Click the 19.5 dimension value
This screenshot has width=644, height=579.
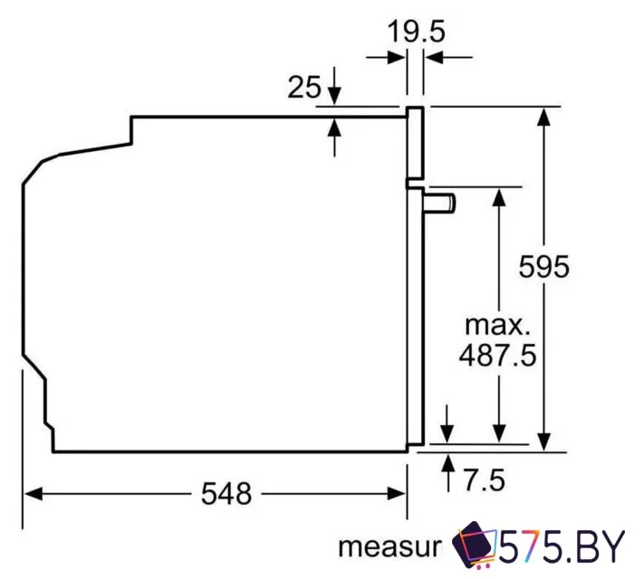[x=418, y=33]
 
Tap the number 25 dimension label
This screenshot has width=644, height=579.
[x=305, y=88]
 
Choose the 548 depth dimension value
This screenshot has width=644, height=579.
[x=226, y=494]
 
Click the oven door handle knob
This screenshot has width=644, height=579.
[x=443, y=202]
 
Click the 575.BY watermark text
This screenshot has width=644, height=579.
[x=562, y=546]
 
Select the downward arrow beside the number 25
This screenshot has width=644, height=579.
[x=335, y=95]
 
